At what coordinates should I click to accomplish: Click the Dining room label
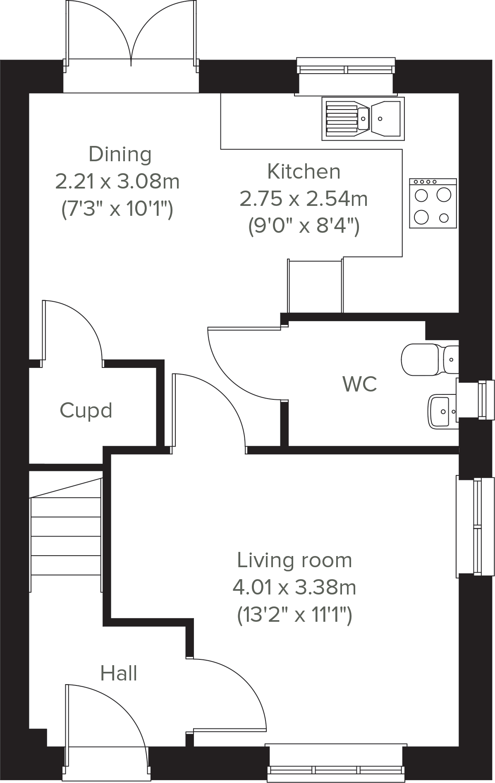[x=120, y=154]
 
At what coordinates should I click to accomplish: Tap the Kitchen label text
[x=304, y=172]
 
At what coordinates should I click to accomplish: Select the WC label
[x=359, y=384]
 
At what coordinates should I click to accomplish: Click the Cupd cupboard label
[x=86, y=411]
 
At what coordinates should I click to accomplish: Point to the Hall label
[x=119, y=673]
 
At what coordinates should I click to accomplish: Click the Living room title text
[x=294, y=560]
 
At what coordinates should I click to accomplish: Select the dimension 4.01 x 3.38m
[x=294, y=587]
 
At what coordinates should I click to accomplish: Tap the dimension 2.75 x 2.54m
[x=304, y=199]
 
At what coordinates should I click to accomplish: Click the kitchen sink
[x=363, y=118]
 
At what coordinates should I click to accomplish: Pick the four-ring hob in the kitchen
[x=433, y=203]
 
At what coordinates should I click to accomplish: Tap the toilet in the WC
[x=426, y=359]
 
